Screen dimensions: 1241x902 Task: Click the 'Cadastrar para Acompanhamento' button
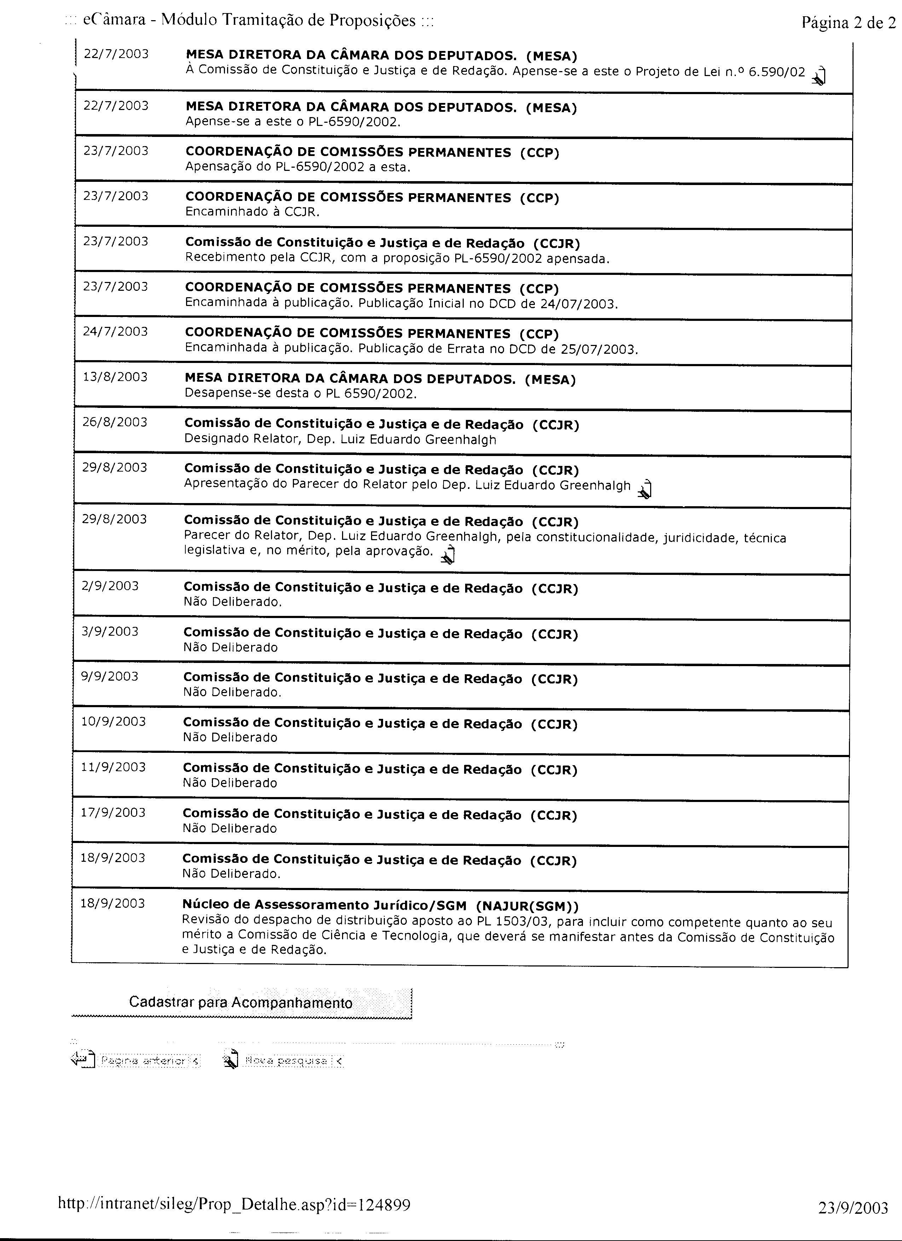point(241,1003)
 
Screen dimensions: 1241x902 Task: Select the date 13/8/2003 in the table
point(115,377)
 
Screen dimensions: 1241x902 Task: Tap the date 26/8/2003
point(115,422)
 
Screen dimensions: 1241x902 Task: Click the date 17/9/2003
point(113,813)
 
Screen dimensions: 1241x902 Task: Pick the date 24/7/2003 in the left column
point(115,331)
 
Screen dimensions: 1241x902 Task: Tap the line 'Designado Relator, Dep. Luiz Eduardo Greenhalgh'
point(340,439)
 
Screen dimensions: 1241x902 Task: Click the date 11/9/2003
point(113,767)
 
